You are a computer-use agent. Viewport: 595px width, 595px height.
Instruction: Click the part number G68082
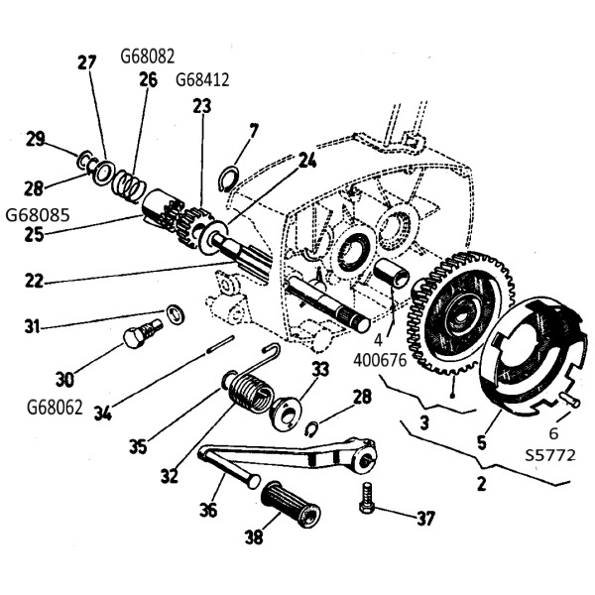(148, 57)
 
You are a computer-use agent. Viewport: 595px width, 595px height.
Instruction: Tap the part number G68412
(202, 80)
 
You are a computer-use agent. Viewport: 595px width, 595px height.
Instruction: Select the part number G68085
(38, 215)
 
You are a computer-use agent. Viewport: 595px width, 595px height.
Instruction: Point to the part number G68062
(55, 408)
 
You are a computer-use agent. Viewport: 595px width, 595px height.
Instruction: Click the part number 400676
(380, 360)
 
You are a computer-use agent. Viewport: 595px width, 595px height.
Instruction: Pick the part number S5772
(550, 455)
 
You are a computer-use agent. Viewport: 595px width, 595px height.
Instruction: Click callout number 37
(424, 518)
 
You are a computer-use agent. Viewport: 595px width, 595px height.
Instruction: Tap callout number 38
(254, 536)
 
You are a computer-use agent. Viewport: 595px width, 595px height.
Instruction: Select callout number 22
(34, 282)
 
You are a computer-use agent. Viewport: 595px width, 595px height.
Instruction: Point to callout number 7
(253, 131)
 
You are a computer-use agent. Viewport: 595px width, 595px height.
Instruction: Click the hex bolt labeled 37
(367, 498)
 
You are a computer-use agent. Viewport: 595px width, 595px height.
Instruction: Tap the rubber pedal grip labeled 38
(291, 505)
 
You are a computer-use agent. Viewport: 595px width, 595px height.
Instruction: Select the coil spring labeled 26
(129, 184)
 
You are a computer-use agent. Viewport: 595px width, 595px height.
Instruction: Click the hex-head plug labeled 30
(143, 332)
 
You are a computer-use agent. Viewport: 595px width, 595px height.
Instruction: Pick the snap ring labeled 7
(230, 178)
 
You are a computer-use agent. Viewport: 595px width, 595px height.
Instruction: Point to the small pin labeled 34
(221, 344)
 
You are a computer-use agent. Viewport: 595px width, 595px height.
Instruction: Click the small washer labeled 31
(176, 313)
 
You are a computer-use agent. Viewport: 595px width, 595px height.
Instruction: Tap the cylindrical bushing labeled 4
(392, 272)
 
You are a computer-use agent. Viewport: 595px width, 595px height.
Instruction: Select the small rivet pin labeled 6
(569, 400)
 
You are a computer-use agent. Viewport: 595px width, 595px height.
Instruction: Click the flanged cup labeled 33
(285, 414)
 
